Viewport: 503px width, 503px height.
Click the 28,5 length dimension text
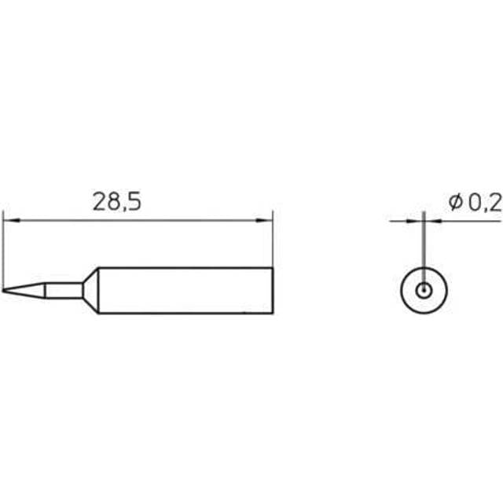[116, 203]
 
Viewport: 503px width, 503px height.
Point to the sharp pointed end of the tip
[4, 292]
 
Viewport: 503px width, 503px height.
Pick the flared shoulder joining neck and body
[91, 290]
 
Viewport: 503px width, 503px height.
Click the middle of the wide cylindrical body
[185, 291]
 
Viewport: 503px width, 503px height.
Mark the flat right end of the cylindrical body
[273, 291]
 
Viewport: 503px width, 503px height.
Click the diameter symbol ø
[455, 203]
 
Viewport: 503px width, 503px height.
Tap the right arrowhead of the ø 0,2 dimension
[429, 222]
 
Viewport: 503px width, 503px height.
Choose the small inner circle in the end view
[424, 290]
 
